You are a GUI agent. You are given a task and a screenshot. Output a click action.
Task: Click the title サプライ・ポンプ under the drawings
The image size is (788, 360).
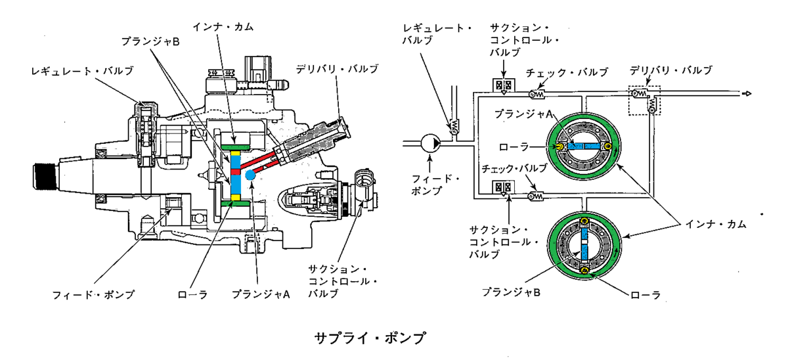pos(370,338)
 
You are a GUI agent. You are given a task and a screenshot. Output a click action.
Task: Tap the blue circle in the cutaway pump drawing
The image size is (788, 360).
pos(250,175)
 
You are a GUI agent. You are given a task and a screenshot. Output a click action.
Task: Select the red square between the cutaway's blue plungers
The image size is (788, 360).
pos(235,171)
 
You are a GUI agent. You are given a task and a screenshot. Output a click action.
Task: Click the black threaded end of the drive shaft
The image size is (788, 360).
pos(45,177)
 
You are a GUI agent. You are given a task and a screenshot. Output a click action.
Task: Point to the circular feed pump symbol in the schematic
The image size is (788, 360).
pos(431,143)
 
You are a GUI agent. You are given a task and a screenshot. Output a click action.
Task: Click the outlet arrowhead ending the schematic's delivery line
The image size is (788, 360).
pos(747,93)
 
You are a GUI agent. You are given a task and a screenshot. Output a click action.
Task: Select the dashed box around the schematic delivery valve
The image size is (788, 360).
pos(644,101)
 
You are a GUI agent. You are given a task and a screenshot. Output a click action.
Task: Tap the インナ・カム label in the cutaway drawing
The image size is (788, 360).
pos(223,27)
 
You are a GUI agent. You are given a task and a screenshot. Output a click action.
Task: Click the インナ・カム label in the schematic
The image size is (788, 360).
pos(716,224)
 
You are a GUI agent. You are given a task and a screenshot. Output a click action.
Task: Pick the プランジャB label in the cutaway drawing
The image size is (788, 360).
pos(150,42)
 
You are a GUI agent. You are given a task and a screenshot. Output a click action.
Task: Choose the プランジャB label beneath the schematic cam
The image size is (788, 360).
pos(511,292)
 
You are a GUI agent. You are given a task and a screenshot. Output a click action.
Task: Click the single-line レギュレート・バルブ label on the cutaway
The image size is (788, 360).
pos(82,71)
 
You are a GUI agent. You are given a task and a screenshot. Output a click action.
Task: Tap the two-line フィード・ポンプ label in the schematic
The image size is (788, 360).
pos(435,185)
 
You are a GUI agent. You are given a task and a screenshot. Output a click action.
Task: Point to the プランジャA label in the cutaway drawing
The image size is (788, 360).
pos(261,294)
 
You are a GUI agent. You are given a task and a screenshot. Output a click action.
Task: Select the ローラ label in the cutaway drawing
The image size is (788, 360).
pos(192,294)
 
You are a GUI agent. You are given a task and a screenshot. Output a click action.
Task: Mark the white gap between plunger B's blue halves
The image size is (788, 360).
pos(584,242)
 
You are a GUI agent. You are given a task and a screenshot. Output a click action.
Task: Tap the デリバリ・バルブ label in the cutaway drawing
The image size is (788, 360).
pos(337,69)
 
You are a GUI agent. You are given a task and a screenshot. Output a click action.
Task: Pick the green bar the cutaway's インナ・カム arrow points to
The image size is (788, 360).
pos(235,146)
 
